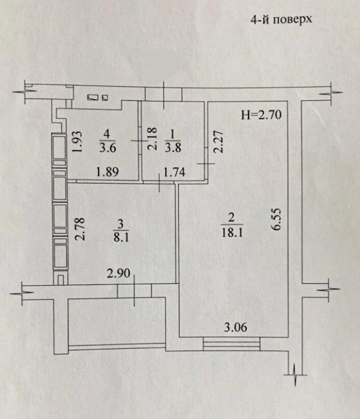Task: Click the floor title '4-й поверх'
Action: [x=281, y=19]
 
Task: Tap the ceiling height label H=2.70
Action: [x=261, y=115]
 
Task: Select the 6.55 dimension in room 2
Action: [x=276, y=220]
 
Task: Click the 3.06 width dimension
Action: [x=235, y=327]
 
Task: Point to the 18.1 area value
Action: [x=232, y=232]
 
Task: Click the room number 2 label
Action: [x=231, y=217]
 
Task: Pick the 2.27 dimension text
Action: [x=218, y=142]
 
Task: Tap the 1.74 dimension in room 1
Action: [x=174, y=172]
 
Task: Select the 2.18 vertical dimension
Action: [x=152, y=139]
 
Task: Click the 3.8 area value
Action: [x=173, y=147]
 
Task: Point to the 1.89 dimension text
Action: [x=107, y=172]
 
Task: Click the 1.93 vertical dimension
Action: [x=77, y=142]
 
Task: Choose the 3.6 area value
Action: [x=107, y=147]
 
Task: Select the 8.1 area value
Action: [x=122, y=237]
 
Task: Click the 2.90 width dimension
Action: [x=119, y=273]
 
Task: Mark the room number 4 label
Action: [x=107, y=134]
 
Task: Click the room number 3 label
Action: [x=120, y=224]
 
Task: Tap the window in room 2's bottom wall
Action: [x=231, y=344]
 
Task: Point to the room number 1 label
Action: [x=173, y=135]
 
